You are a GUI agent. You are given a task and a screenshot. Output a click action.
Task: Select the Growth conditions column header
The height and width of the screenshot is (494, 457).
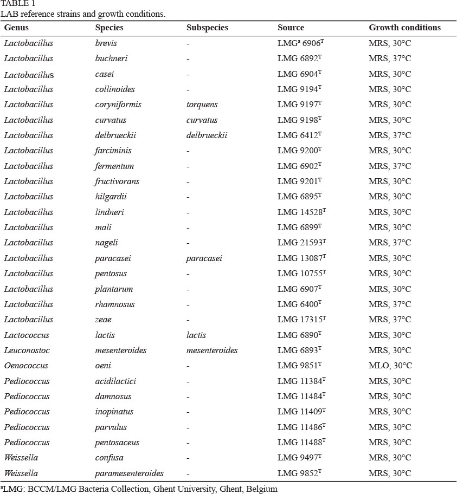tap(404, 28)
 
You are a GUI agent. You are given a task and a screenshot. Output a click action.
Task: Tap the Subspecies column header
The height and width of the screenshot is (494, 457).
tap(207, 28)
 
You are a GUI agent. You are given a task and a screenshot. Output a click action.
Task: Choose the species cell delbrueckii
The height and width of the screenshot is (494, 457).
tap(115, 135)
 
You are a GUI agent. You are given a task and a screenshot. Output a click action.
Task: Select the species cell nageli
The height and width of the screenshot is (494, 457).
tap(106, 243)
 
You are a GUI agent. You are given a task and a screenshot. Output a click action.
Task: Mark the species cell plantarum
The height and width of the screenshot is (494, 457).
tap(113, 289)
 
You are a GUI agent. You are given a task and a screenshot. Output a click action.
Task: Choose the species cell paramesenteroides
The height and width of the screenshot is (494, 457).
tap(129, 473)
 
